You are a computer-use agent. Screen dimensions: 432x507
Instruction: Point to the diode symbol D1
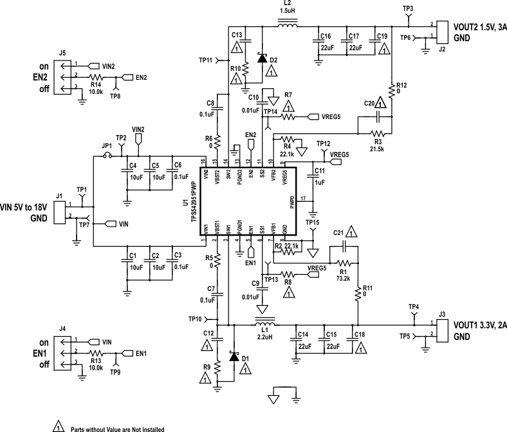click(x=233, y=355)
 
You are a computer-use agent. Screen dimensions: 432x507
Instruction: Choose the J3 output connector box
click(x=442, y=328)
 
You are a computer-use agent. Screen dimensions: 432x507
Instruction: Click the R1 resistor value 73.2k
click(x=342, y=277)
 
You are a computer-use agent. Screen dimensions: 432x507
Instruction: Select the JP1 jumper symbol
click(x=107, y=155)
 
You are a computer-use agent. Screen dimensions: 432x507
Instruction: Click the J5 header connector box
click(x=62, y=77)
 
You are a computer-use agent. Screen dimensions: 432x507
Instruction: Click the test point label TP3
click(x=407, y=8)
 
